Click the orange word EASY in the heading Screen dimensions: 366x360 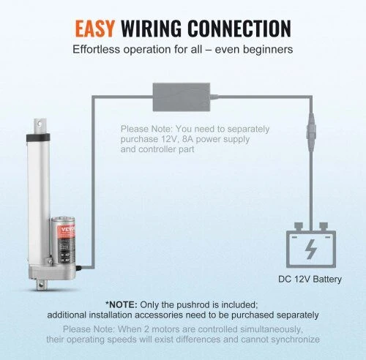[x=95, y=29]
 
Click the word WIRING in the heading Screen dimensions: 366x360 [x=152, y=29]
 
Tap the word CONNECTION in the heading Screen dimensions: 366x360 [x=240, y=29]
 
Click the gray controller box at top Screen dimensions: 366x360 [x=182, y=97]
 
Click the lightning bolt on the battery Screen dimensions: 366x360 [x=311, y=249]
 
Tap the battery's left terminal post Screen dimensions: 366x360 [x=298, y=226]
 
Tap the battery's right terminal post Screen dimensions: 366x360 [x=324, y=226]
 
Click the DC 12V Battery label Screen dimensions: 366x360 [x=310, y=280]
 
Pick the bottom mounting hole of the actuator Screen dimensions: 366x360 [x=40, y=284]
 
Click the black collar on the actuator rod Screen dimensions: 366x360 [x=38, y=137]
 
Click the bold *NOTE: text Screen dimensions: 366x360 [x=122, y=304]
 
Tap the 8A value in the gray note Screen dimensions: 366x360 [x=188, y=139]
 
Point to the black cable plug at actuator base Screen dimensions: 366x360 [x=78, y=268]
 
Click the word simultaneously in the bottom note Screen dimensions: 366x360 [x=272, y=329]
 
